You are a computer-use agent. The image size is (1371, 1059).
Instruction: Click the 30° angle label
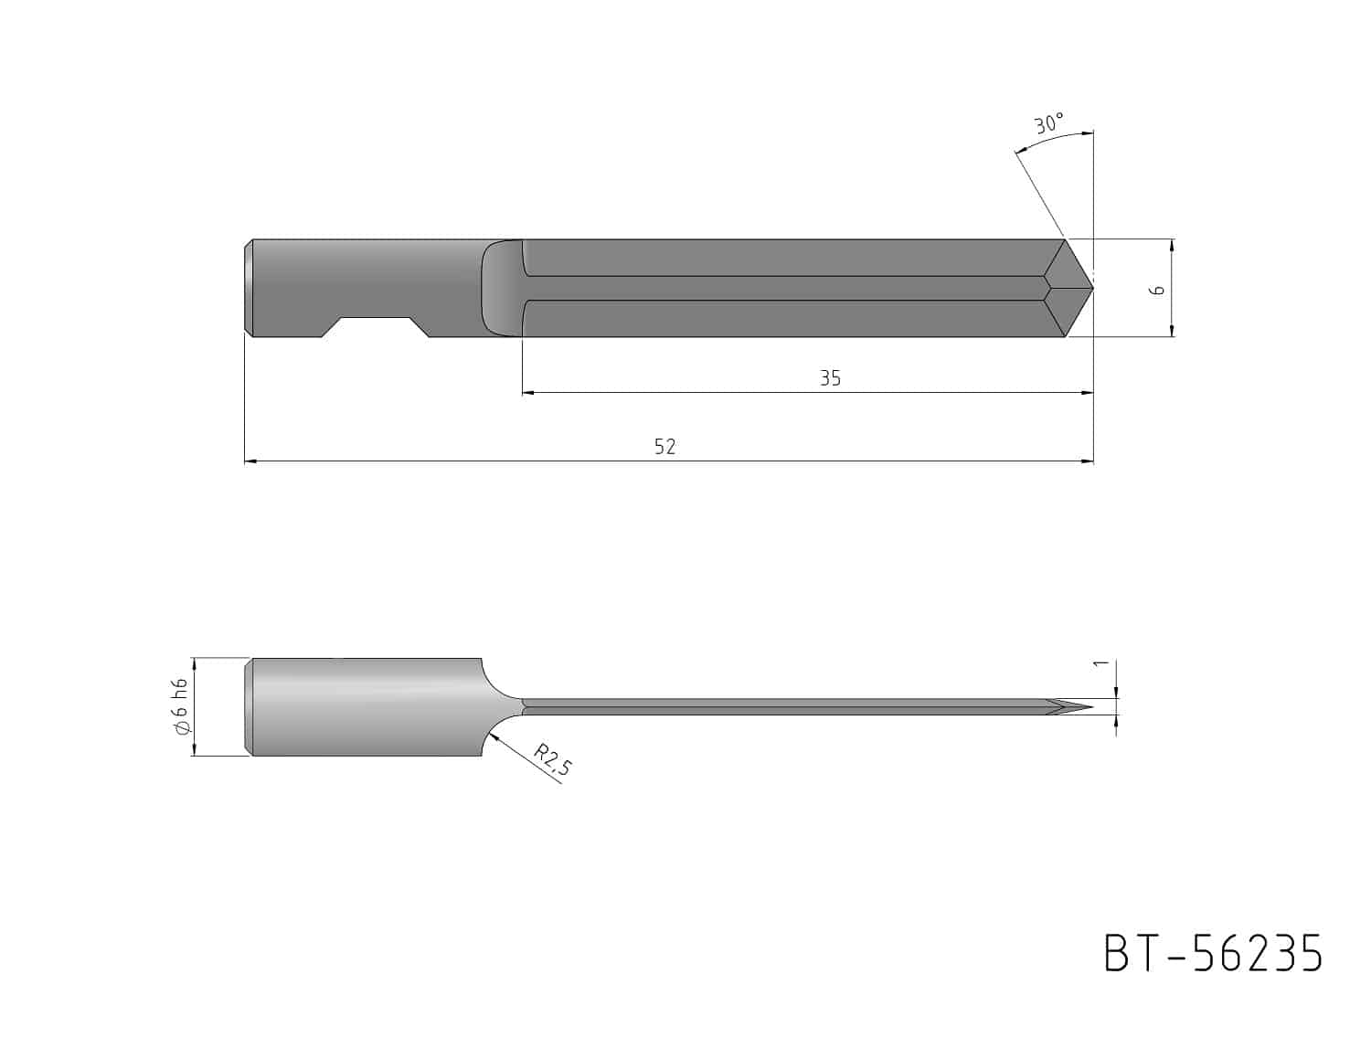pyautogui.click(x=1049, y=123)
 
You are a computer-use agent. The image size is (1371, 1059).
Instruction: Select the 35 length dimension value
pyautogui.click(x=830, y=377)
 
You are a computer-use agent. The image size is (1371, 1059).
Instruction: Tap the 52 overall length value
pyautogui.click(x=665, y=447)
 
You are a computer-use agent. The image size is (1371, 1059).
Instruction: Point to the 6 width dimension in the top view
pyautogui.click(x=1158, y=290)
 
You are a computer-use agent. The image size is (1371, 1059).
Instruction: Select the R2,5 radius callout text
pyautogui.click(x=553, y=759)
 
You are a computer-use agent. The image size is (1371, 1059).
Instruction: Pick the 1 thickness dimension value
pyautogui.click(x=1101, y=662)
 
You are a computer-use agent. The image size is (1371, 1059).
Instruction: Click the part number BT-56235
pyautogui.click(x=1213, y=954)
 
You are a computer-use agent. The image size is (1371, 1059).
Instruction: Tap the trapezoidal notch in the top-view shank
pyautogui.click(x=376, y=327)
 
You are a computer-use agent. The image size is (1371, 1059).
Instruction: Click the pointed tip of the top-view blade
pyautogui.click(x=1093, y=288)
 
